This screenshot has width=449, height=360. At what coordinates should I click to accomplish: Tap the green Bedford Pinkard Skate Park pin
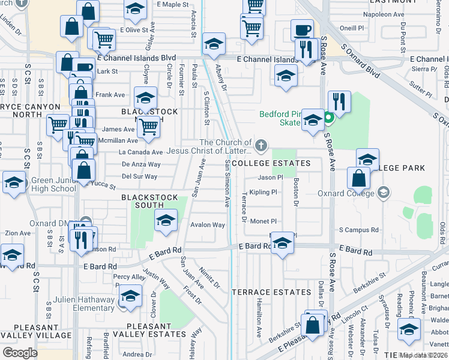tap(328, 118)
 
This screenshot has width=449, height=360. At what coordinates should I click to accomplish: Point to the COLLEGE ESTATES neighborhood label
tap(271, 163)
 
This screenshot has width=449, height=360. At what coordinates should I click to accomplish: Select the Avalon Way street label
tap(208, 225)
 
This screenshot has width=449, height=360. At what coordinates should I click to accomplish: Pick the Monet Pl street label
tap(263, 221)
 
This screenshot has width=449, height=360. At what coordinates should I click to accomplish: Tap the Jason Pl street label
tap(270, 177)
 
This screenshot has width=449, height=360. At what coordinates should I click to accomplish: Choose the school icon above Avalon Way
tap(166, 220)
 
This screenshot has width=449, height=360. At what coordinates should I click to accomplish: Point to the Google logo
tap(20, 352)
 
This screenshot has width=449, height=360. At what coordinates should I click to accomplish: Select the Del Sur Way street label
tap(139, 176)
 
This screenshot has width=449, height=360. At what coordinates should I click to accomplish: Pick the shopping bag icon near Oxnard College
tap(358, 178)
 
